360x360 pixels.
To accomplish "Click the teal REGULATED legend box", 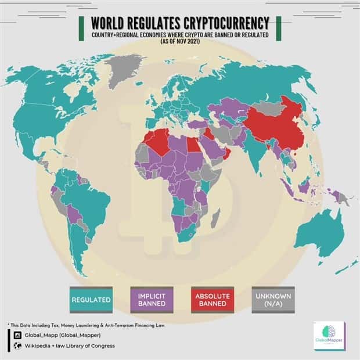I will point(91,300).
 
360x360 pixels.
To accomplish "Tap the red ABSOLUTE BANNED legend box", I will point(212,300).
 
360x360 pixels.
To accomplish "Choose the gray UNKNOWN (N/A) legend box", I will point(273,300).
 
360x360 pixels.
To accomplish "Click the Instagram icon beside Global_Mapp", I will point(17,334).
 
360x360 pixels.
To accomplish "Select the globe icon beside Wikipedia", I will point(17,345).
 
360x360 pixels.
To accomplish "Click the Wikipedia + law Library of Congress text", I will point(70,345).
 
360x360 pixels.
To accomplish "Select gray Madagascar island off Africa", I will point(215,219).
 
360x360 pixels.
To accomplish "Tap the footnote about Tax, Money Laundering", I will point(87,325).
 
